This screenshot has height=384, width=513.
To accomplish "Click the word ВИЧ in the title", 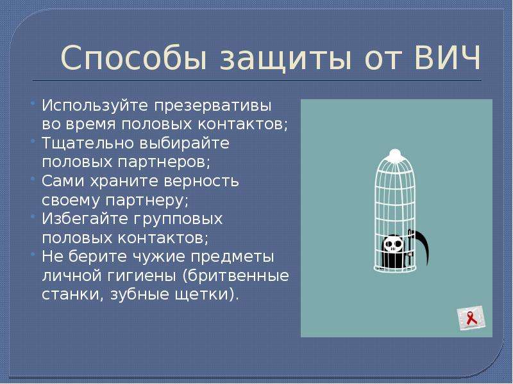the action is (x=448, y=58).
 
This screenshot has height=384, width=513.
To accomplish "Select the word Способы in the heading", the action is (x=134, y=58).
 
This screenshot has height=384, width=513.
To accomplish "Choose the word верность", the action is (x=201, y=181).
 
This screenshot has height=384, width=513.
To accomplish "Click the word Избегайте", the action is (x=86, y=219).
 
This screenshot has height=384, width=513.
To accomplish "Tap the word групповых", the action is (x=178, y=220).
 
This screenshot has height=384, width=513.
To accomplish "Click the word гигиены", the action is (x=141, y=276).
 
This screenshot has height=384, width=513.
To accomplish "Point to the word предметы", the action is (x=232, y=257).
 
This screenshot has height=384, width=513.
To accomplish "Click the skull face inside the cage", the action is (x=392, y=244).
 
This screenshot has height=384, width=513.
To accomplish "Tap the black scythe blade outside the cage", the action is (x=422, y=248).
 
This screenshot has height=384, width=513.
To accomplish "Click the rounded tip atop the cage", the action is (x=395, y=154).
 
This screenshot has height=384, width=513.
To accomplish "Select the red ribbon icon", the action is (x=471, y=317).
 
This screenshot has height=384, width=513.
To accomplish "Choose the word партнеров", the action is (x=164, y=163).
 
